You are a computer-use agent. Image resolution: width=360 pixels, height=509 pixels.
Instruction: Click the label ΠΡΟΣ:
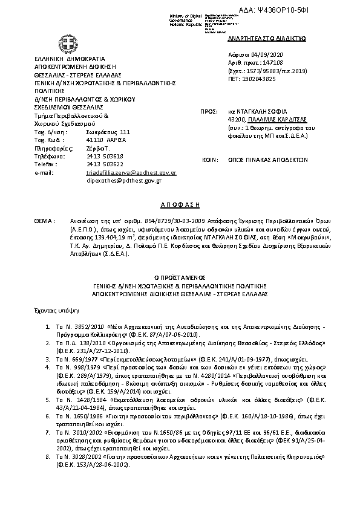click(208, 112)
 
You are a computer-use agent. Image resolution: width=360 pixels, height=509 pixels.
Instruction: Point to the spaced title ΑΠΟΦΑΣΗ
click(180, 206)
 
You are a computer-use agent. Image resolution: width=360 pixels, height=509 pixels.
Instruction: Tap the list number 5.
click(48, 417)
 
